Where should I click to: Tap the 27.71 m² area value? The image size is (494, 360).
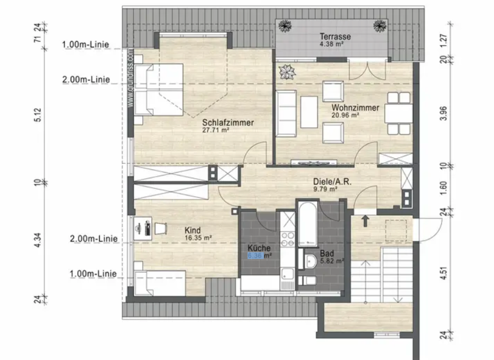[x=216, y=130]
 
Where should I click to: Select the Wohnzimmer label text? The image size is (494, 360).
[x=355, y=108]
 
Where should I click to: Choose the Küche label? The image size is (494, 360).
[x=259, y=248]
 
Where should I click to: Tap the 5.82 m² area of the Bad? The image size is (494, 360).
[x=332, y=262]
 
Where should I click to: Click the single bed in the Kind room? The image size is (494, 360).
[x=158, y=282]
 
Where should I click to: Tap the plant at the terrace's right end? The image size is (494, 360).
[x=380, y=26]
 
